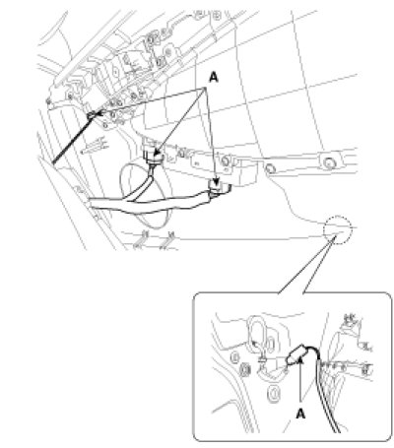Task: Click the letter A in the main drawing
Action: (x=214, y=78)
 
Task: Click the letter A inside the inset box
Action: (x=300, y=415)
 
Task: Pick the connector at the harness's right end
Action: (x=219, y=189)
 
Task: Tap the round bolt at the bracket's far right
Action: (x=329, y=162)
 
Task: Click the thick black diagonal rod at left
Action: (x=73, y=139)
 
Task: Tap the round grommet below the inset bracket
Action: (x=274, y=393)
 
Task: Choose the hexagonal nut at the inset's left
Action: (x=244, y=370)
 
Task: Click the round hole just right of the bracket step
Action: (x=270, y=168)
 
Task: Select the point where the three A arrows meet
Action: (x=206, y=88)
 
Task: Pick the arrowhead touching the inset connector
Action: (x=300, y=360)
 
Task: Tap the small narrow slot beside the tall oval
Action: (x=270, y=345)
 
